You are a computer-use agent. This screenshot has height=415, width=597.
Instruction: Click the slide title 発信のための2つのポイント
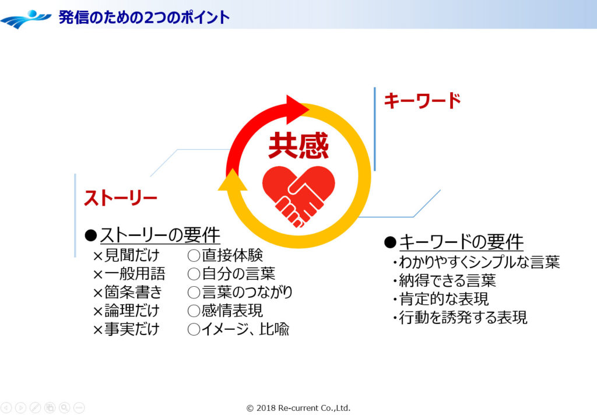pos(144,17)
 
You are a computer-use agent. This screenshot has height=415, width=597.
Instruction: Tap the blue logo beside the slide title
pos(26,19)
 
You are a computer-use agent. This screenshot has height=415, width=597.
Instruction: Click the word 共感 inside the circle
pos(298,146)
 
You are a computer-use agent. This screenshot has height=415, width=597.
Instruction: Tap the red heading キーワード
pos(422,101)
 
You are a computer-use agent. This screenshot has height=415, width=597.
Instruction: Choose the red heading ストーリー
pos(121,198)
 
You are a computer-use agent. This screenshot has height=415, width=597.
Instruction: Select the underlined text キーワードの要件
pos(461,242)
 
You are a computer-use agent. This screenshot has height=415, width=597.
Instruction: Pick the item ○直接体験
pos(225,255)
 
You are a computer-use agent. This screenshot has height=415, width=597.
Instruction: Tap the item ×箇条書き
pos(127,292)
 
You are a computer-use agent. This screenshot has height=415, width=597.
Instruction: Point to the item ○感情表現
pos(225,311)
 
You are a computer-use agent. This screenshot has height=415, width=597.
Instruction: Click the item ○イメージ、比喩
pos(238,329)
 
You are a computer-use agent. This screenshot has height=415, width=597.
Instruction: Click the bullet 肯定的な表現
pos(443,299)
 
